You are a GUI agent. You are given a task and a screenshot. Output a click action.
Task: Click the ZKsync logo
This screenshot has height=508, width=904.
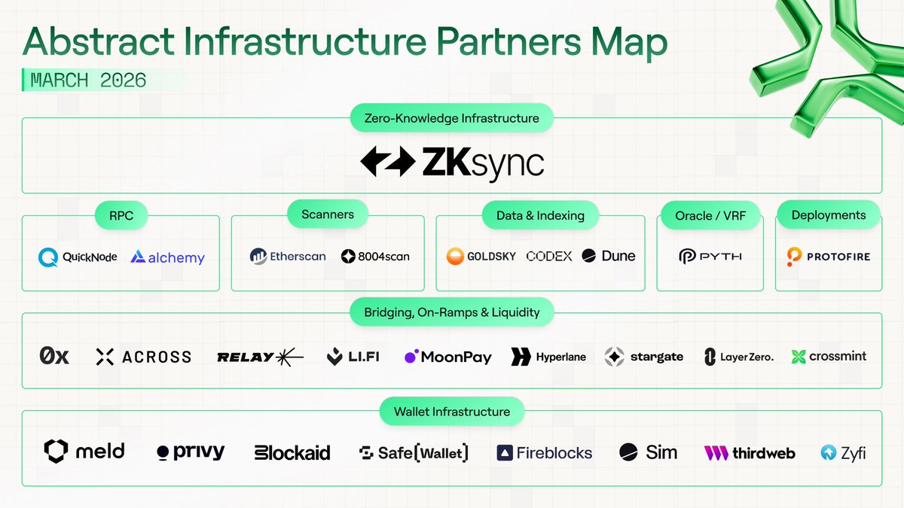tap(452, 161)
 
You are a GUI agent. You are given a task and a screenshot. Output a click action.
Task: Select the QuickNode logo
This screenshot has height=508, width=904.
tap(78, 257)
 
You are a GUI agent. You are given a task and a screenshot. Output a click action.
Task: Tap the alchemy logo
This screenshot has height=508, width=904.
tap(167, 257)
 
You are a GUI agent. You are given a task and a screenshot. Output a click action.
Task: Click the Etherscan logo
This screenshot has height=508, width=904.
tap(288, 256)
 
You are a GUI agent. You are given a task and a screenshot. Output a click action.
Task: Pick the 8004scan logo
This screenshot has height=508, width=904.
tap(375, 256)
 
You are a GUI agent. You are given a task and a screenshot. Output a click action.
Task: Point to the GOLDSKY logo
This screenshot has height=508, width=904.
tap(481, 256)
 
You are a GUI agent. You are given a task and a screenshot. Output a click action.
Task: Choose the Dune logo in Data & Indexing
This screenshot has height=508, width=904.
tap(608, 256)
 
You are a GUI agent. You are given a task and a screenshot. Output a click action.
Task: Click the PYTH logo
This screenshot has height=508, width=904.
tap(710, 257)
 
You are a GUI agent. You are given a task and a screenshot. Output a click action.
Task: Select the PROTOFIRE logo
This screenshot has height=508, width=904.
tap(828, 257)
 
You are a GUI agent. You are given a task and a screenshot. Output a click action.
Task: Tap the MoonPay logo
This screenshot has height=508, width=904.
tap(447, 357)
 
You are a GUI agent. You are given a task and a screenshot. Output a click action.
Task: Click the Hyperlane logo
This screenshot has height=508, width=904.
tap(548, 357)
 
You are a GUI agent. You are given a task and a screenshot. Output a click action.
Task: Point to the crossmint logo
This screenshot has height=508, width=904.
tap(829, 356)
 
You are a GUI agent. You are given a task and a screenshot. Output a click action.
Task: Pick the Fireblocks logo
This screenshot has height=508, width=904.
tap(544, 453)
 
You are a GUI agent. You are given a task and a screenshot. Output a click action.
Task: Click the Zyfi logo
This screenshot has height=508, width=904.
tap(843, 453)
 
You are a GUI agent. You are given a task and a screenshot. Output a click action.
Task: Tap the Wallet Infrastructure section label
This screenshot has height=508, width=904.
tap(452, 412)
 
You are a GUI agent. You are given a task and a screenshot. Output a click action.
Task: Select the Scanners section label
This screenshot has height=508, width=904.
tap(328, 214)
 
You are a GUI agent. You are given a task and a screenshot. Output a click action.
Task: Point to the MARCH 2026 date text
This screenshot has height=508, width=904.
tap(88, 80)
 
